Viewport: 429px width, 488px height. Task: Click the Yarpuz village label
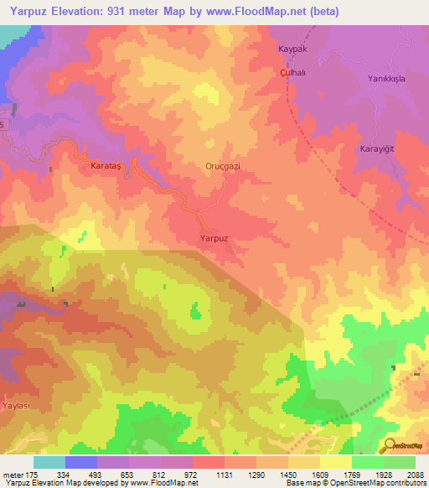[213, 239]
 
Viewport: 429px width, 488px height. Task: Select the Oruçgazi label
[223, 167]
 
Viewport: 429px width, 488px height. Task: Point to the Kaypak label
[292, 49]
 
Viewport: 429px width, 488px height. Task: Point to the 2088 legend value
[416, 475]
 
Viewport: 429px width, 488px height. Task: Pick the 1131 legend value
[225, 475]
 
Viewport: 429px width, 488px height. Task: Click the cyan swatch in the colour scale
[49, 462]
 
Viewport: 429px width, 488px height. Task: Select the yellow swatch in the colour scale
[336, 462]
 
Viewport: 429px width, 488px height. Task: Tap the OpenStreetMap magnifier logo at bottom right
[389, 447]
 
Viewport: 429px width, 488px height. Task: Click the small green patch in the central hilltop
[195, 313]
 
